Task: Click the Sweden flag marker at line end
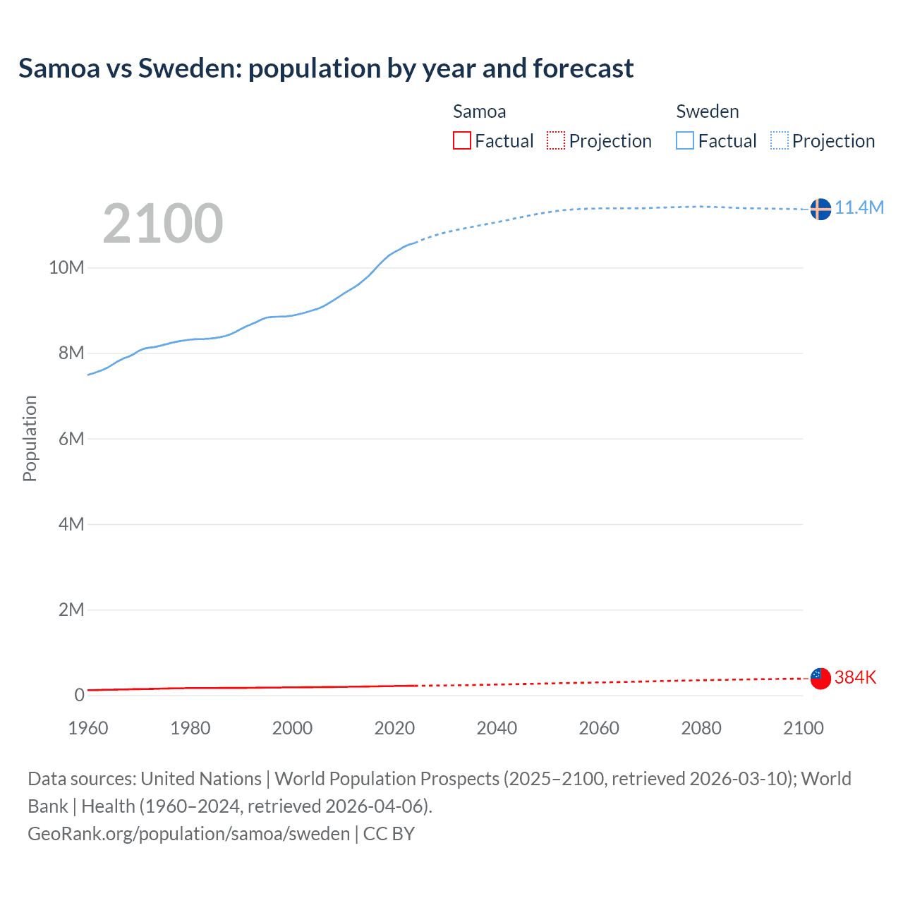[820, 209]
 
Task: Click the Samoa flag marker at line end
[820, 679]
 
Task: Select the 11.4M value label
[859, 207]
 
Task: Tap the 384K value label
[855, 677]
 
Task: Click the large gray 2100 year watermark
[163, 224]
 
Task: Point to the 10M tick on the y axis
[66, 267]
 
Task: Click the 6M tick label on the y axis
[71, 439]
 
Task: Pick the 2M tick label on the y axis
[71, 610]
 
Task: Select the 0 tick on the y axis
[79, 695]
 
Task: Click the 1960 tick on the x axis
[88, 728]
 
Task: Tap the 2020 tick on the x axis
[394, 728]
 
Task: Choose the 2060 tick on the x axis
[599, 728]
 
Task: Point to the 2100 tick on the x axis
[803, 728]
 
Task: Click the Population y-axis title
[30, 438]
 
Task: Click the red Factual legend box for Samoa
[462, 140]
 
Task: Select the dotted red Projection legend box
[556, 140]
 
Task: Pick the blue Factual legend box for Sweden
[685, 140]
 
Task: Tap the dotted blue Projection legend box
[779, 140]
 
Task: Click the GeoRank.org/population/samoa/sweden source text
[189, 833]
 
